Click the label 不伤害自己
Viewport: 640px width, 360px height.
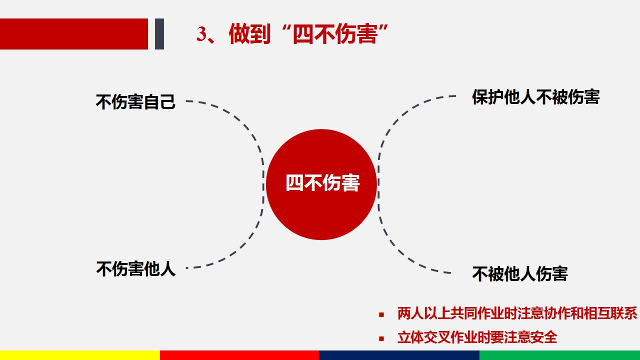coord(135,101)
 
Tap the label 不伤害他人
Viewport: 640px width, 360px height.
coord(135,269)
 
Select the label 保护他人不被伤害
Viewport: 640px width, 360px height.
coord(535,97)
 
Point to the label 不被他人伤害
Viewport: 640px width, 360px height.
coord(519,273)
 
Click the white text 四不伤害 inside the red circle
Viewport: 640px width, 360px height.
coord(322,183)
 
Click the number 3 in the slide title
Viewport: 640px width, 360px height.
coord(201,34)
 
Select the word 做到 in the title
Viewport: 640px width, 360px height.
coord(249,33)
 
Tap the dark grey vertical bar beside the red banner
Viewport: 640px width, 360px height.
coord(159,34)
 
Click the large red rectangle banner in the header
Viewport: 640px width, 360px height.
coord(74,34)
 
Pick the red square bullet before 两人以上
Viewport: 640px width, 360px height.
coord(381,314)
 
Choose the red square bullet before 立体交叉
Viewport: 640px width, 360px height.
coord(381,339)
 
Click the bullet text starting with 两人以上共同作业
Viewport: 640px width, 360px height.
coord(517,313)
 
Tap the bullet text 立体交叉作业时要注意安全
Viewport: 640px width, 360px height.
coord(477,337)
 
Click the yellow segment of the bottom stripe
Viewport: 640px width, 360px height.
coord(80,355)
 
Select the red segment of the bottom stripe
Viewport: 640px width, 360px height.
coord(239,355)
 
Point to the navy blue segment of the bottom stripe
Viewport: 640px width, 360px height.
coord(399,355)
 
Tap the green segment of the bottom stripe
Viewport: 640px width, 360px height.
coord(559,355)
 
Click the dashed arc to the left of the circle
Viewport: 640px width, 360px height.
coord(263,183)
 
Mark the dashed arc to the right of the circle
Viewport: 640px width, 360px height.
coord(378,183)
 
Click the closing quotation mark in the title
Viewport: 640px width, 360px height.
coord(383,28)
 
